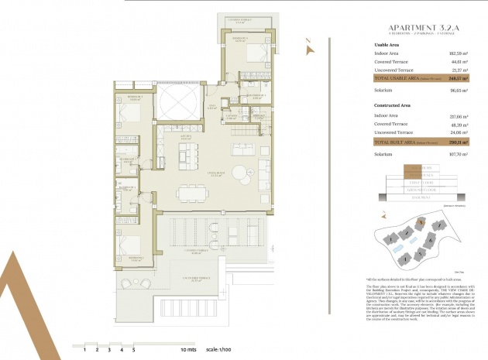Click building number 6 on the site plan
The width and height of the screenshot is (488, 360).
pyautogui.click(x=429, y=240)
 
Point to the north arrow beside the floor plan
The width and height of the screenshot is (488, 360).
pyautogui.click(x=310, y=48)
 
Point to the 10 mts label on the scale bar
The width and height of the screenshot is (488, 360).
pyautogui.click(x=189, y=351)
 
